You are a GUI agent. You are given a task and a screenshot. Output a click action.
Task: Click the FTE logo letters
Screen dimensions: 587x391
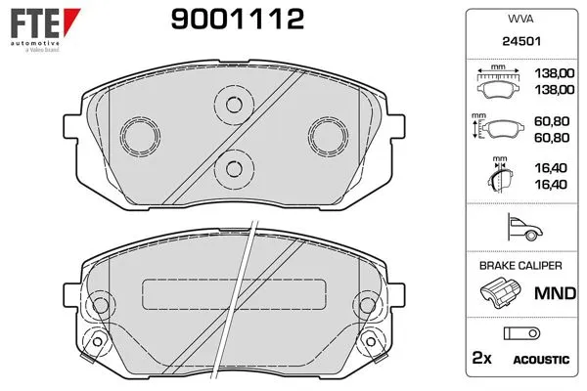pyautogui.click(x=35, y=23)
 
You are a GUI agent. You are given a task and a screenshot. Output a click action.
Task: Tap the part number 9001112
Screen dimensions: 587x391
pyautogui.click(x=238, y=20)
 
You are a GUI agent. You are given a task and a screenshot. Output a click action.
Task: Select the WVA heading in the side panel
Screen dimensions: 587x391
pyautogui.click(x=520, y=19)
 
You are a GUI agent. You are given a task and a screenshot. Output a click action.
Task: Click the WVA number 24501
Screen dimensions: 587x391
pyautogui.click(x=521, y=41)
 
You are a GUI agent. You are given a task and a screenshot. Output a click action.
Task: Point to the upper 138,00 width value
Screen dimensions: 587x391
pyautogui.click(x=555, y=73)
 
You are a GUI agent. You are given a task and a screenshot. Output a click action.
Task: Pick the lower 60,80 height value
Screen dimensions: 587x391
pyautogui.click(x=552, y=138)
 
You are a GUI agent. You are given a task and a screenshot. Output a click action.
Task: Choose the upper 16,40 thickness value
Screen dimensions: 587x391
pyautogui.click(x=551, y=168)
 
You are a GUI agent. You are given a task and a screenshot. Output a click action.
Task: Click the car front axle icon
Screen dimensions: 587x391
pyautogui.click(x=524, y=227)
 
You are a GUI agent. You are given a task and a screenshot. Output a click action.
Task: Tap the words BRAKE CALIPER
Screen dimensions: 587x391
pyautogui.click(x=520, y=266)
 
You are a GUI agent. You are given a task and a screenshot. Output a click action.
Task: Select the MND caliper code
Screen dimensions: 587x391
pyautogui.click(x=555, y=293)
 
